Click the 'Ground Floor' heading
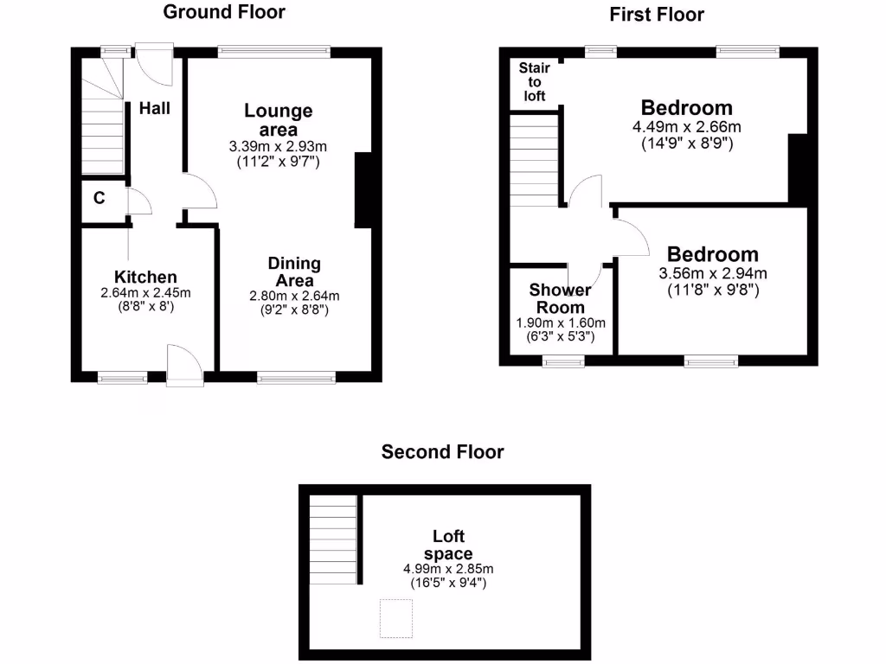click(223, 12)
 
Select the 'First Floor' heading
click(657, 15)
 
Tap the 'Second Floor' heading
click(443, 451)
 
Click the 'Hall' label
click(155, 109)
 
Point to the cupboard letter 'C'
click(100, 198)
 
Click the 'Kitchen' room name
click(145, 278)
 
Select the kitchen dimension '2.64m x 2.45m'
click(145, 293)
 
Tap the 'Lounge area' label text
click(278, 119)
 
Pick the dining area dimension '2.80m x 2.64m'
click(294, 296)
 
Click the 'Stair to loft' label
click(535, 82)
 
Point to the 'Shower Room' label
click(561, 298)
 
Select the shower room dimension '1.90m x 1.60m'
click(561, 322)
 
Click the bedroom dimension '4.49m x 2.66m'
click(687, 127)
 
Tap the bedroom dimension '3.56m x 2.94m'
click(712, 274)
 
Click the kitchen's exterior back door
click(184, 363)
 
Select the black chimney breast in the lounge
click(363, 191)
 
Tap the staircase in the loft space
click(333, 539)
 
